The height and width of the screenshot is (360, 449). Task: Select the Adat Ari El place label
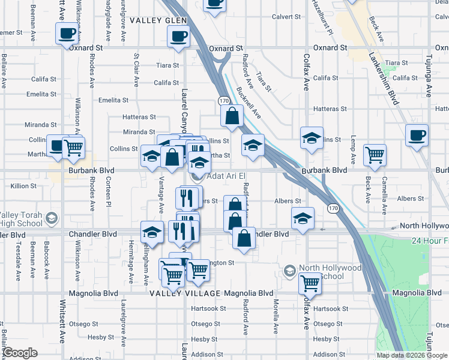click(226, 176)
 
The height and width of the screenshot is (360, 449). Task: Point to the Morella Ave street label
click(276, 316)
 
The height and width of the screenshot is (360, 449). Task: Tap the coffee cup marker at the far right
click(417, 136)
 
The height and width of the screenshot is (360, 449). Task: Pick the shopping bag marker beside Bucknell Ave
click(232, 116)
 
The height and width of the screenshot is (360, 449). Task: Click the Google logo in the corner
click(20, 353)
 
